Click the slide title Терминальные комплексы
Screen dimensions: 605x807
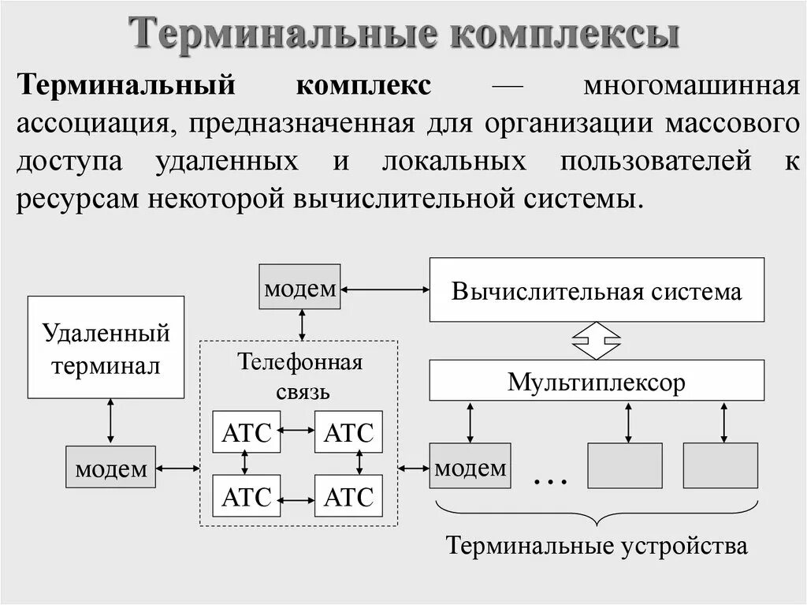coord(403,35)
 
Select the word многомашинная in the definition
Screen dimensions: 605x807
coord(691,85)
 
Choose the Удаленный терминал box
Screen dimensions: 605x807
coord(106,347)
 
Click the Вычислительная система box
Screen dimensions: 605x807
coord(596,290)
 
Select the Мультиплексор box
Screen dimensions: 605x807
coord(596,382)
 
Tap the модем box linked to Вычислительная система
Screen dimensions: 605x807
coord(300,287)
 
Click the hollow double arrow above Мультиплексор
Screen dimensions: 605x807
coord(596,340)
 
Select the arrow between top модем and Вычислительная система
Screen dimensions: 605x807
coord(385,290)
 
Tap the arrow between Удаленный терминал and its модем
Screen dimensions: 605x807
coord(110,421)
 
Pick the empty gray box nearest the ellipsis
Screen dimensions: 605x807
coord(625,465)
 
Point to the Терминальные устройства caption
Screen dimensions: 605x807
coord(596,545)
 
